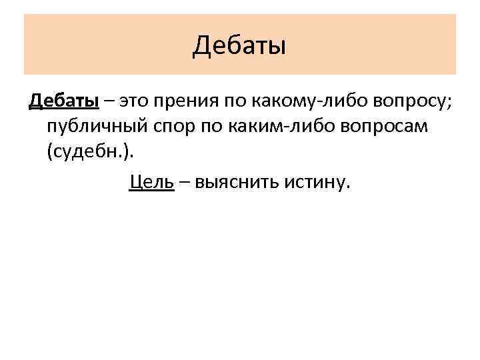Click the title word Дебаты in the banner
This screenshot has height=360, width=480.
pos(239,46)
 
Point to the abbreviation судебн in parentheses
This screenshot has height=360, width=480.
pos(86,153)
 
